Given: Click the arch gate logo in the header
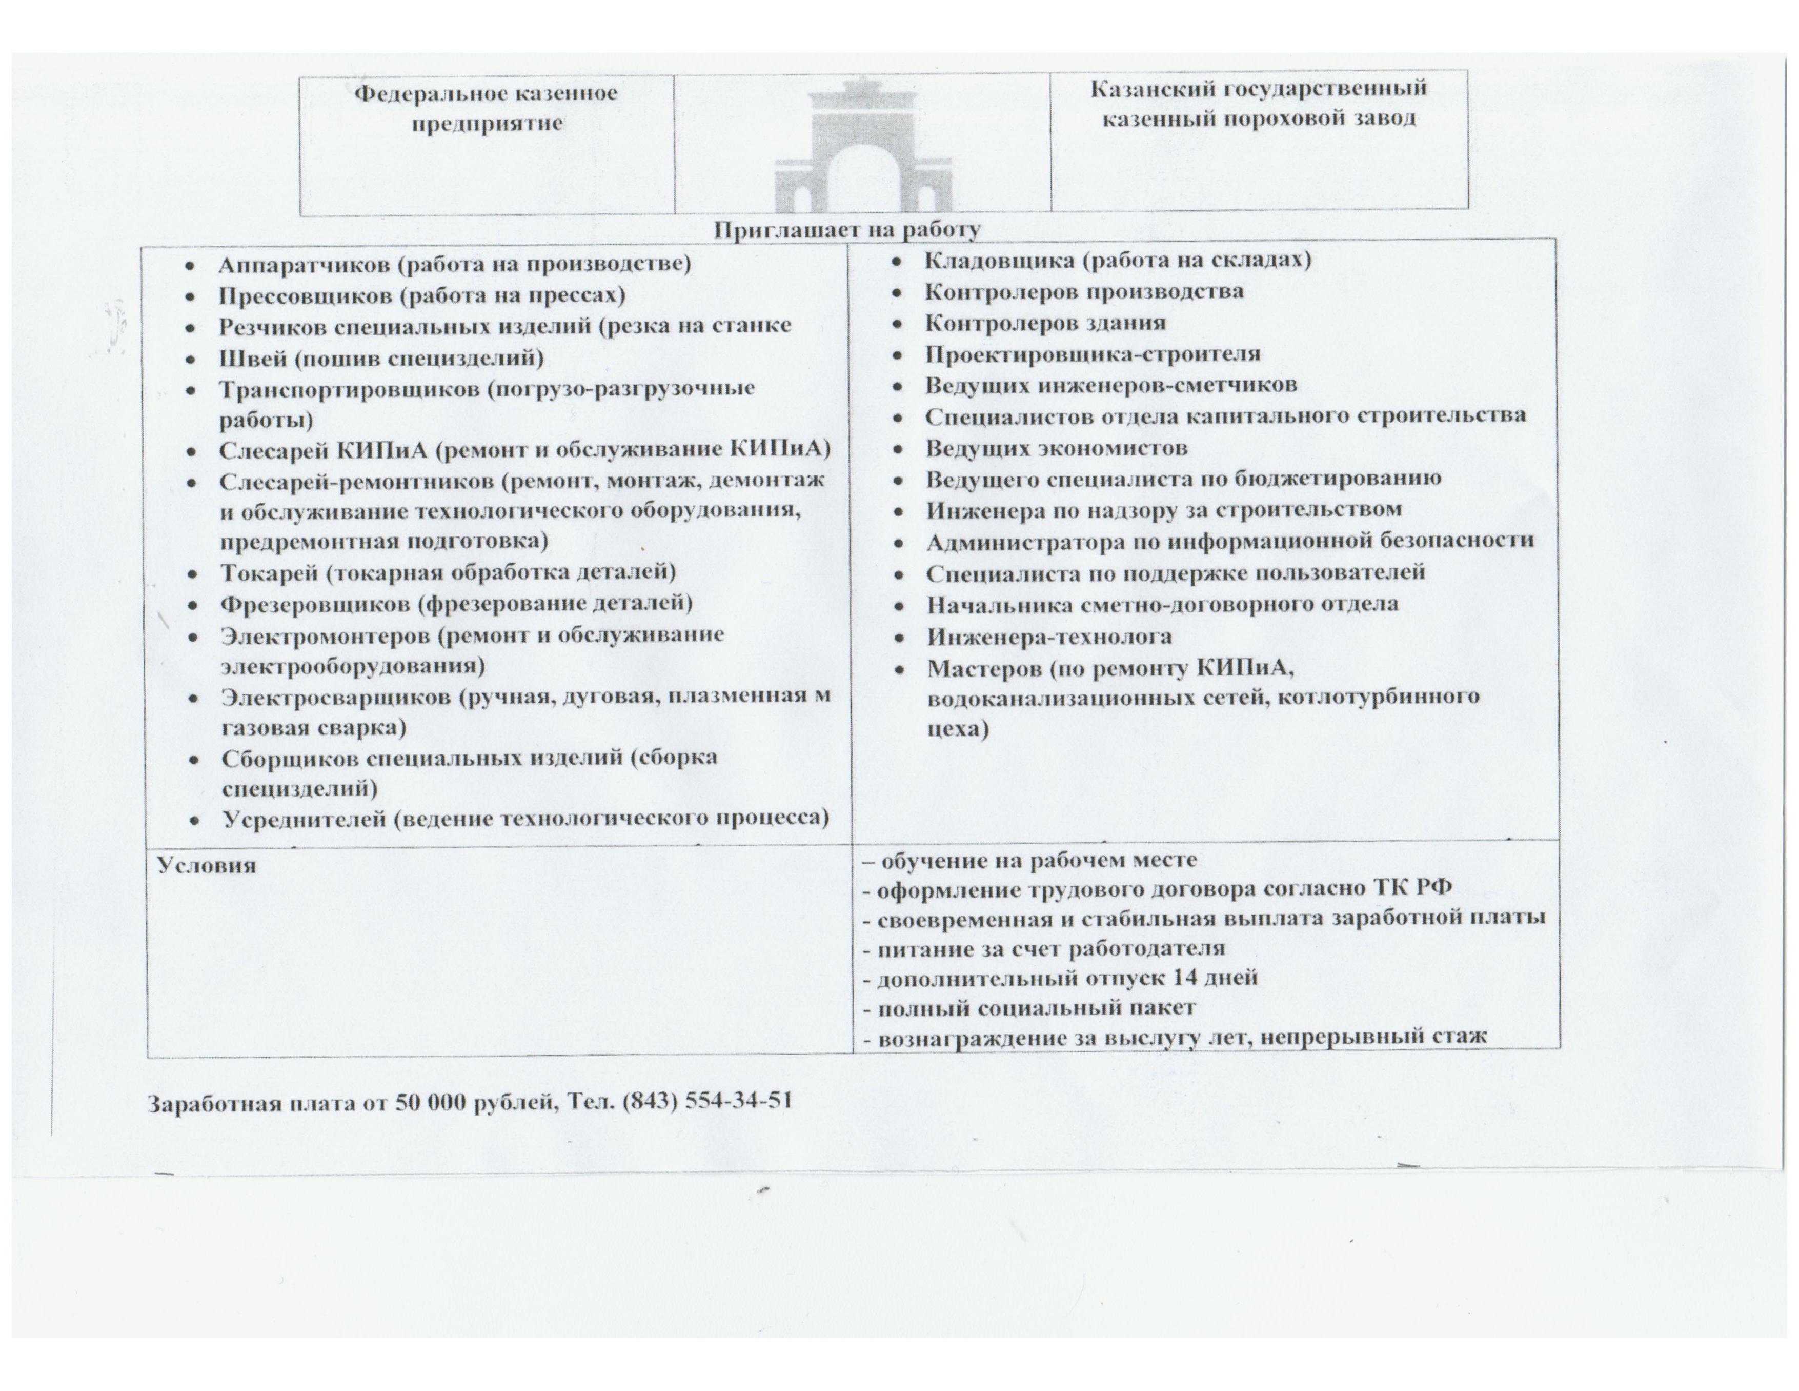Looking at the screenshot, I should (862, 148).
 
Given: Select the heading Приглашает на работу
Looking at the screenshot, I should (846, 229).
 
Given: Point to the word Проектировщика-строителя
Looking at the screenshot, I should (1092, 354).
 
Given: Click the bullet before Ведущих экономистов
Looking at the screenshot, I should (899, 449).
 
